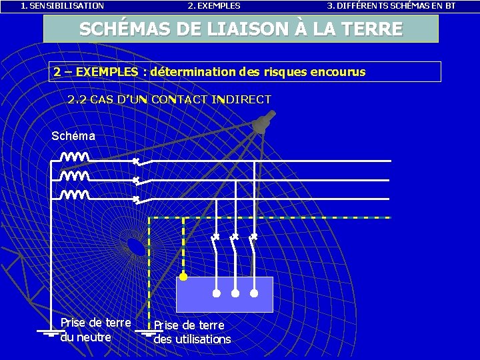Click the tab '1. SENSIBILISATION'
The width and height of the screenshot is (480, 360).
62,6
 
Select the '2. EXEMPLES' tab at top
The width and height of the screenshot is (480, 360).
214,6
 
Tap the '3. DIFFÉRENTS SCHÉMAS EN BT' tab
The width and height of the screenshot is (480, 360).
391,6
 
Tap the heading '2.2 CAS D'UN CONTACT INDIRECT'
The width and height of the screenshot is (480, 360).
169,100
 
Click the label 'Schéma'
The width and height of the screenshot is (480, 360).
73,136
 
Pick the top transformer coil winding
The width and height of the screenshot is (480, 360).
75,158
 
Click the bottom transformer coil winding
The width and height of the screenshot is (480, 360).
75,195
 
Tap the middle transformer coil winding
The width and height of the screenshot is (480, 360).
75,177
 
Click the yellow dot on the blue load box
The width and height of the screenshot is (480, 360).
183,276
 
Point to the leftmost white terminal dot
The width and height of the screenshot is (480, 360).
217,293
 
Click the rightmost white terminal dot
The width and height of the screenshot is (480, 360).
254,293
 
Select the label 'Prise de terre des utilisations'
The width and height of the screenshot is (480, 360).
192,332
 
